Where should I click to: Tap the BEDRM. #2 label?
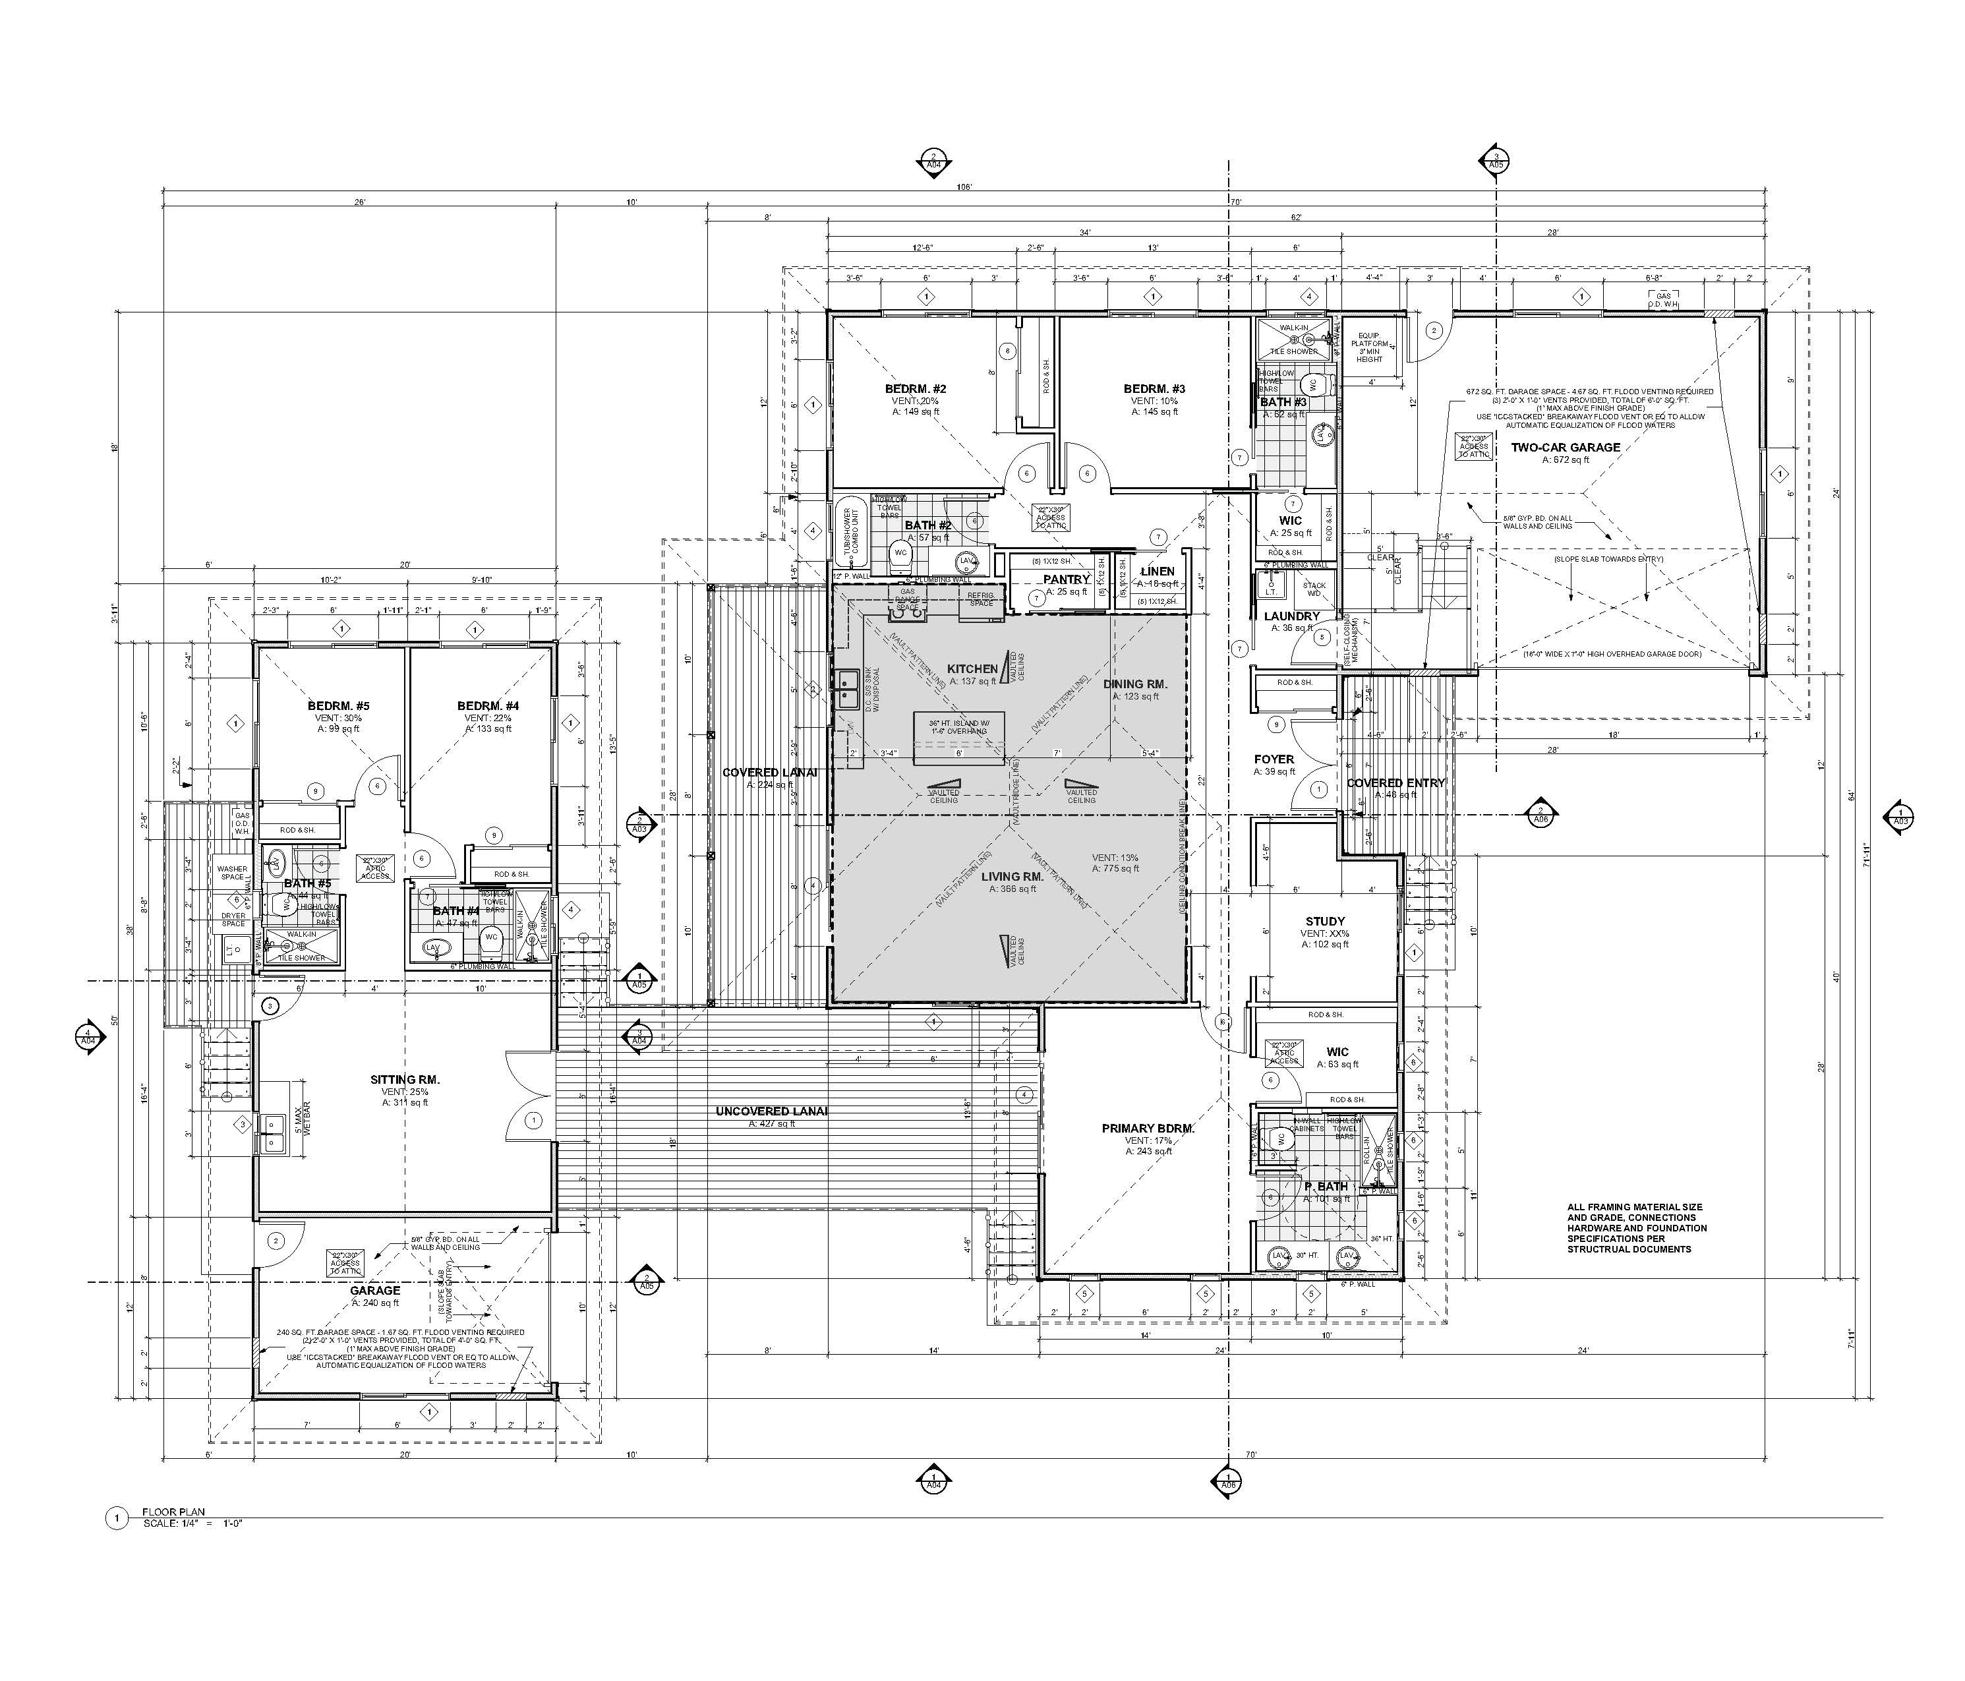915,389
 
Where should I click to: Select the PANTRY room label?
1066,579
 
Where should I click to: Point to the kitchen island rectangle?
958,738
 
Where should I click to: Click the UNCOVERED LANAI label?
771,1111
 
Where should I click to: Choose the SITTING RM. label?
405,1080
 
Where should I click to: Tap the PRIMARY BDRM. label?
1148,1129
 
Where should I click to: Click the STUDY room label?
1325,921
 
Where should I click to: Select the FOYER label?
1274,759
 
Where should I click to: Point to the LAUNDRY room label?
1292,616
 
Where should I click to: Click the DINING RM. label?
1135,684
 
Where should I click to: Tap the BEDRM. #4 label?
487,706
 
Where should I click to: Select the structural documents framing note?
1636,1229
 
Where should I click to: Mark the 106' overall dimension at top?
964,188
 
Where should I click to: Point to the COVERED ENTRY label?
1395,784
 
